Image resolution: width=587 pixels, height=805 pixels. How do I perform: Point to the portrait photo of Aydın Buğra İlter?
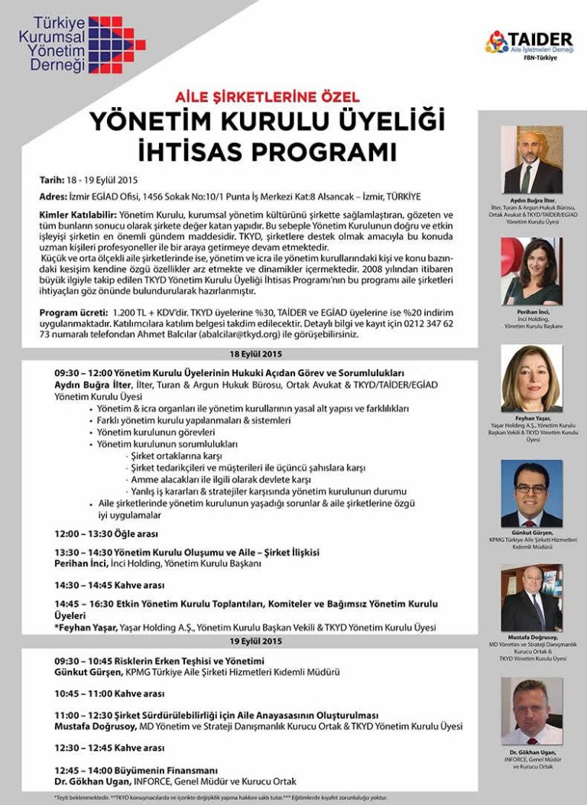pyautogui.click(x=532, y=161)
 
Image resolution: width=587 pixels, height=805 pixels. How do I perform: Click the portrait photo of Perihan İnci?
pyautogui.click(x=532, y=271)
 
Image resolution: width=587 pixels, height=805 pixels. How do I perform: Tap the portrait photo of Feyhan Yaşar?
pyautogui.click(x=532, y=379)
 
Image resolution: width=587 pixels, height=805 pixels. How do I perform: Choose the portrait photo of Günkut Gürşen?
pyautogui.click(x=532, y=494)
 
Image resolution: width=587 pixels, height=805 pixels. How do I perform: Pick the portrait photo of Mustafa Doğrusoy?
pyautogui.click(x=532, y=599)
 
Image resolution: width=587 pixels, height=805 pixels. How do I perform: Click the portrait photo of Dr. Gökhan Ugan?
pyautogui.click(x=532, y=711)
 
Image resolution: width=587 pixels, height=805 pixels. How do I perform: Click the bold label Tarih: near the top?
pyautogui.click(x=55, y=180)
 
